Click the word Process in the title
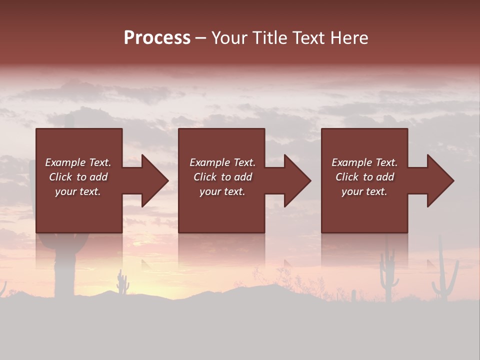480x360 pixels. [x=157, y=38]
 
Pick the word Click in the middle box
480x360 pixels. [x=204, y=177]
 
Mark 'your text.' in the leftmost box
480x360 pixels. [x=78, y=191]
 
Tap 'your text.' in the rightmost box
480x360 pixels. [x=364, y=191]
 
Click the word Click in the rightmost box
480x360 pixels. [x=346, y=177]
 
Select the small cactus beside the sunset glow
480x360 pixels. [x=122, y=282]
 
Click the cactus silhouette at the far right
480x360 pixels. [x=444, y=275]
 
